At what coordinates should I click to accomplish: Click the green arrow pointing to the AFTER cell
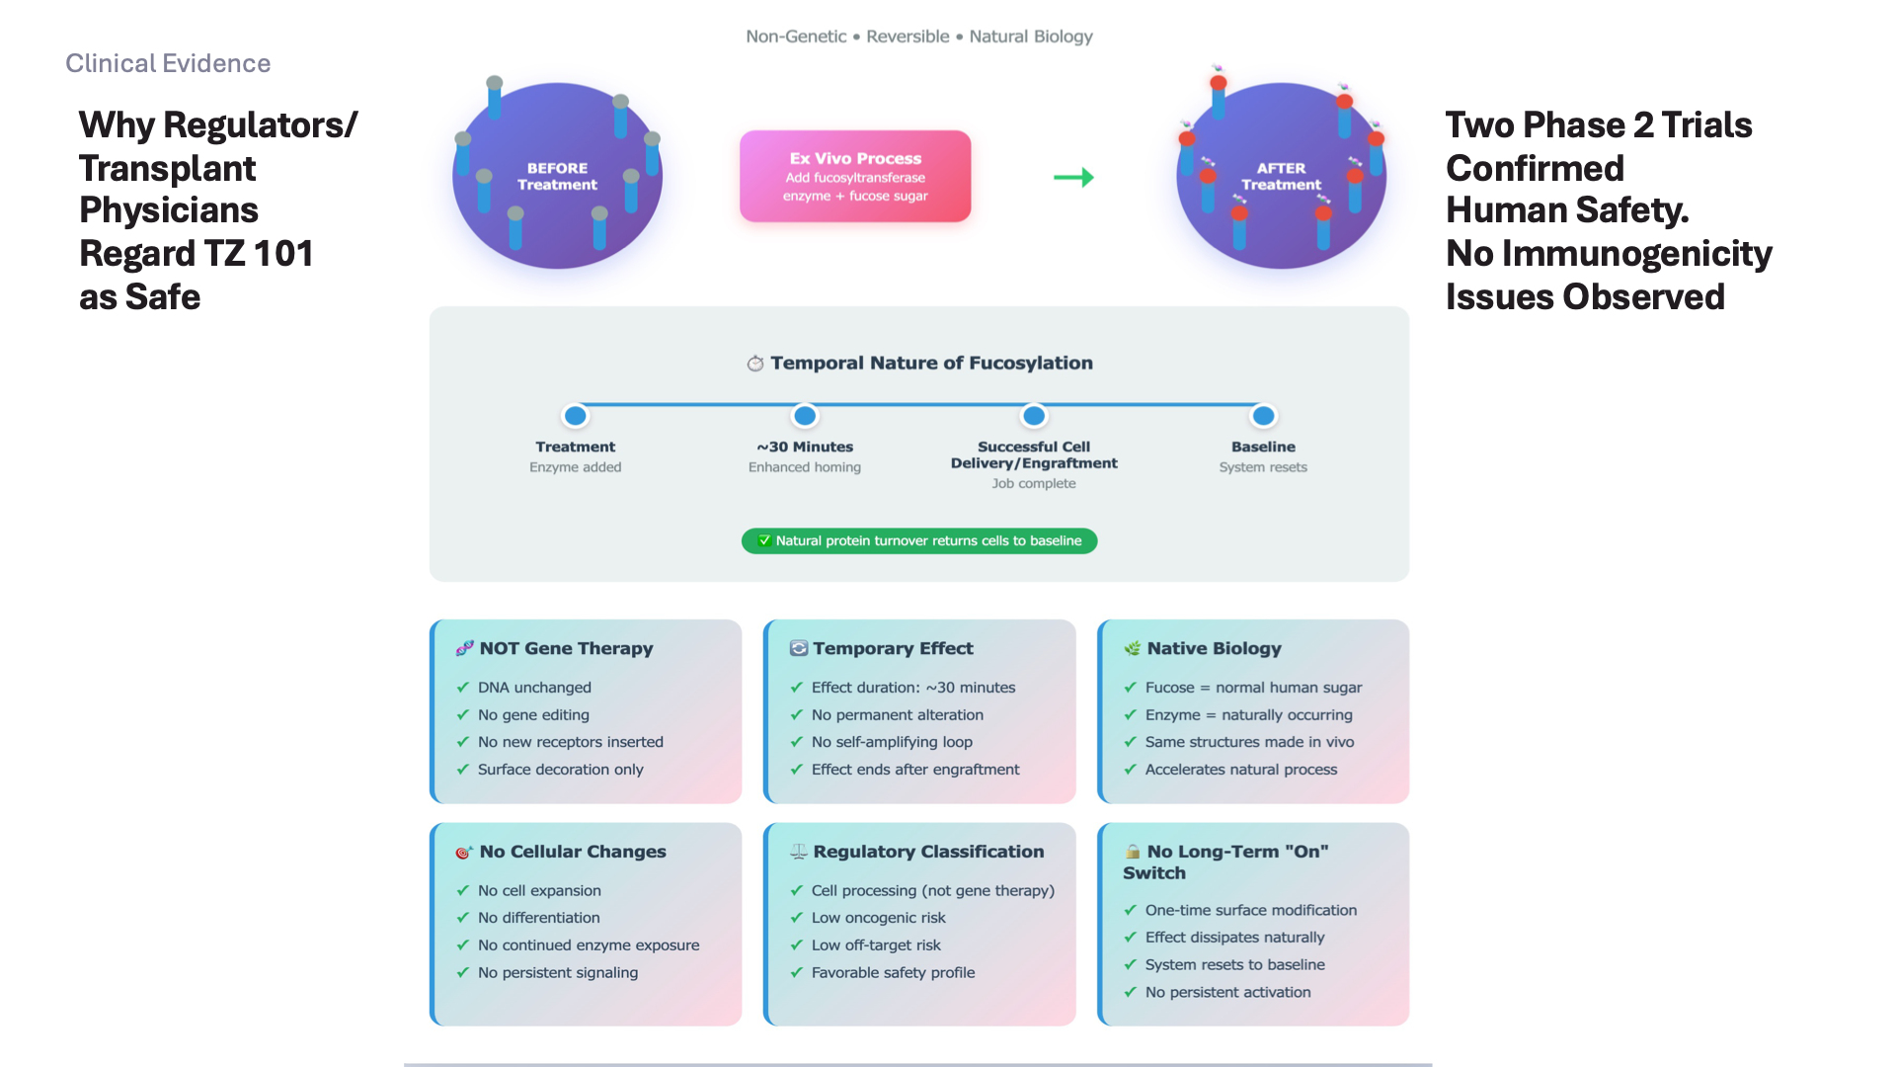point(1073,178)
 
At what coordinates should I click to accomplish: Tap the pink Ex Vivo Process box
point(855,176)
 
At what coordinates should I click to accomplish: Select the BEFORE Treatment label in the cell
point(557,176)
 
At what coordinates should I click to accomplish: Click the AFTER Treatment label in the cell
point(1281,176)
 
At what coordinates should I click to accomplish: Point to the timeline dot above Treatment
point(576,416)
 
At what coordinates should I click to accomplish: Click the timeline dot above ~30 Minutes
point(805,416)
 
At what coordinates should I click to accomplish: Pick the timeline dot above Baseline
point(1263,416)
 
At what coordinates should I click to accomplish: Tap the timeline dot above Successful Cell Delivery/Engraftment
point(1034,416)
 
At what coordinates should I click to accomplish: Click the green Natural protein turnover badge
point(919,540)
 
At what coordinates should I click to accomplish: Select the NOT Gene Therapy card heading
point(566,648)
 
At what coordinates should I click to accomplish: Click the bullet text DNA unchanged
point(534,688)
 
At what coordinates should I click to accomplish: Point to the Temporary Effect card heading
point(893,648)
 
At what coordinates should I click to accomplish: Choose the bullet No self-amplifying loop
point(892,742)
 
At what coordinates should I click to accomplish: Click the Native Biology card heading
point(1214,648)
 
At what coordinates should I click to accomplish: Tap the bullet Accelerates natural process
point(1241,770)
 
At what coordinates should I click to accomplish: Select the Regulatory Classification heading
point(928,852)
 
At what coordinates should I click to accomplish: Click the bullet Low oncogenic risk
point(878,918)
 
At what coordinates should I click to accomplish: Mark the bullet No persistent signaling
point(558,973)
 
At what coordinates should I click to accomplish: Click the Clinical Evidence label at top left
point(168,63)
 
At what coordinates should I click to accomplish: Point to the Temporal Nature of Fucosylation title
point(931,363)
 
